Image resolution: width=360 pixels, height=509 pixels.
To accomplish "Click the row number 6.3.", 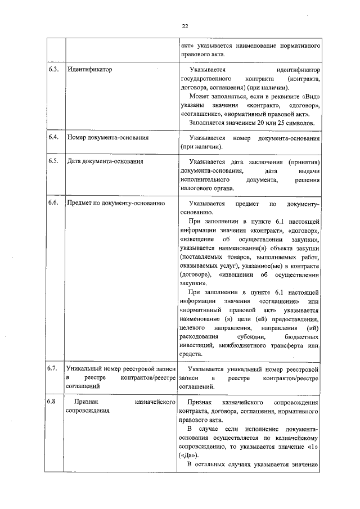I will [x=53, y=70].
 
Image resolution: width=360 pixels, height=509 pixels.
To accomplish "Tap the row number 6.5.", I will [x=53, y=161].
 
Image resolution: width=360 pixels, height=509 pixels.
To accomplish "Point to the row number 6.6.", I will [x=53, y=203].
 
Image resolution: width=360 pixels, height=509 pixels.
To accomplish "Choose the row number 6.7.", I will [x=53, y=369].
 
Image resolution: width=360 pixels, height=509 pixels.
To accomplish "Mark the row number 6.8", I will [x=53, y=403].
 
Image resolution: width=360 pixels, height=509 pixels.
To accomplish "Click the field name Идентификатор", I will [x=90, y=70].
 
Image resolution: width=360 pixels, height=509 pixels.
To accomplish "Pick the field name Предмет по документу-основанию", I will [x=115, y=203].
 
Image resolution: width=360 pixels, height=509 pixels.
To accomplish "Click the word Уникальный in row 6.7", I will [x=84, y=369].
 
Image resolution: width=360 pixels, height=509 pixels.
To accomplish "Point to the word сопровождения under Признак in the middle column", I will [x=88, y=412].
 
